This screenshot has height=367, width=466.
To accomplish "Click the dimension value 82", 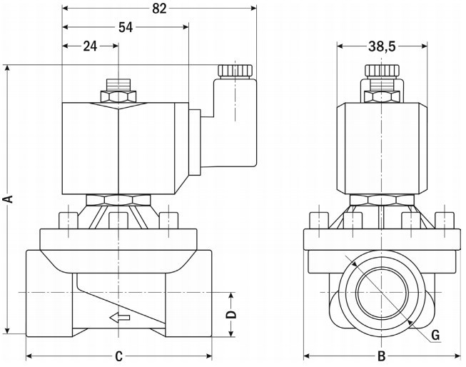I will click(159, 9).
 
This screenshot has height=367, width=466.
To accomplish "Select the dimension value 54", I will click(126, 27).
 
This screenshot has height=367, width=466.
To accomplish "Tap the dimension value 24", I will click(90, 46).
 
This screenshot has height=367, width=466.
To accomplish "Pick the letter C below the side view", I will click(120, 355).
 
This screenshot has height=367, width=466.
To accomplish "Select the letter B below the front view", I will click(381, 356).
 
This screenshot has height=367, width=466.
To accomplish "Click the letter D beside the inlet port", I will click(231, 315).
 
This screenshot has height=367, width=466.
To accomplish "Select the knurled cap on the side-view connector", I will click(235, 71).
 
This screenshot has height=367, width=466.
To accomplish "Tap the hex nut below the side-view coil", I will click(119, 200).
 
